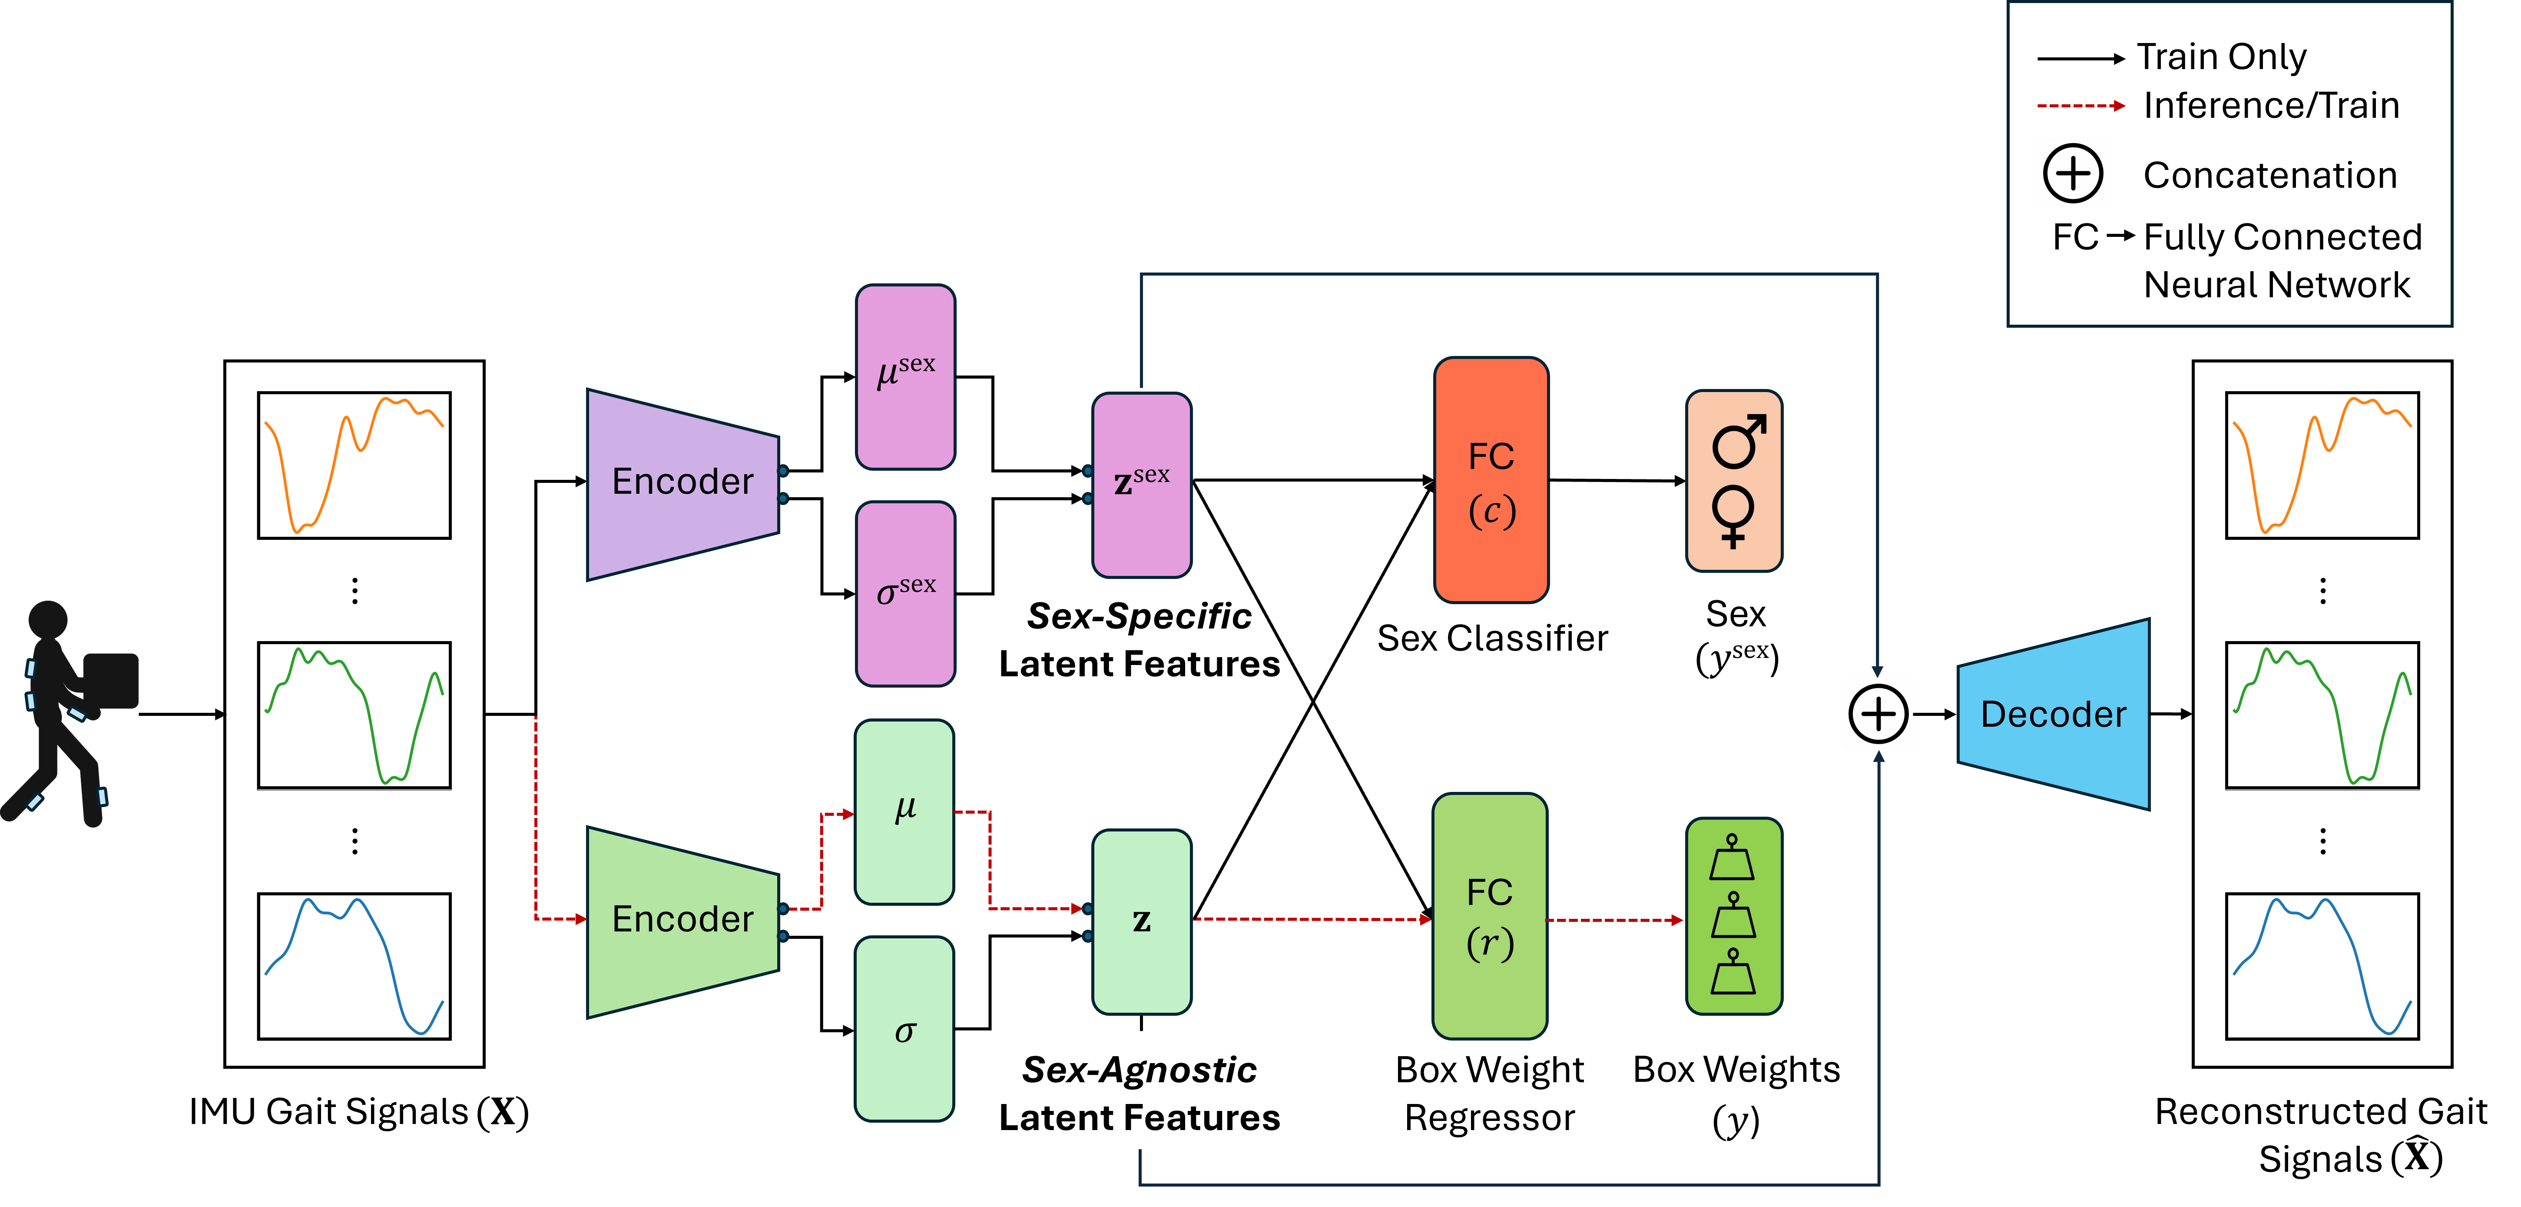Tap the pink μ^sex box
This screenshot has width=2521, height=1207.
pos(905,377)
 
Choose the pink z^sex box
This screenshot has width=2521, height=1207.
pos(1141,485)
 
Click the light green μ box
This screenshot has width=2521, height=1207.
pos(904,811)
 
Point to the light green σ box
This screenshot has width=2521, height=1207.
pos(904,1029)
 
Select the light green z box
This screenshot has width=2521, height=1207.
pos(1141,921)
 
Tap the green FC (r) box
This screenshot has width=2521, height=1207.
pos(1490,916)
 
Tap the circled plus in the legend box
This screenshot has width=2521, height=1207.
pos(2073,173)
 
